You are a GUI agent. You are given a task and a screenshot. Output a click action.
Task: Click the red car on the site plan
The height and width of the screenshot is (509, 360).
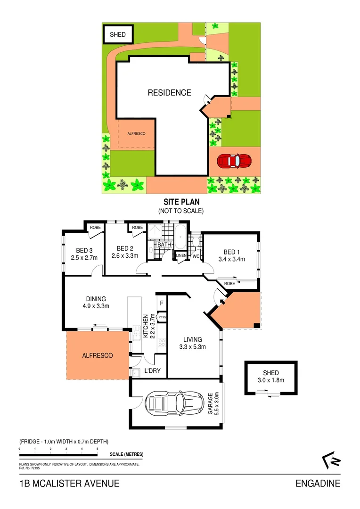click(235, 161)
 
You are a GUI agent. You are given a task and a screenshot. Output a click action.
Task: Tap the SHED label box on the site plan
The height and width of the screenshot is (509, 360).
click(118, 35)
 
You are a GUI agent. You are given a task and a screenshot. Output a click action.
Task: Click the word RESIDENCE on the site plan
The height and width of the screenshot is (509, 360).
click(169, 93)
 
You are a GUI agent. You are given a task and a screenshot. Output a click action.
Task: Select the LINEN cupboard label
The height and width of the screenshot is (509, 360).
click(181, 256)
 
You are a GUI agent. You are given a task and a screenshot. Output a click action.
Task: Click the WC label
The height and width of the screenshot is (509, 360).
click(196, 257)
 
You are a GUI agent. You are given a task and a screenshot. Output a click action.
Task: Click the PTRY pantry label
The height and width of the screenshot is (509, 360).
click(162, 317)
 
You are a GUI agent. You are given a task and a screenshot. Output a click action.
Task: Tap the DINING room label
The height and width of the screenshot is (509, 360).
click(96, 299)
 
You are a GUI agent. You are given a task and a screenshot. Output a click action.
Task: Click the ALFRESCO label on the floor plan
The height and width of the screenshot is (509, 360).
click(97, 356)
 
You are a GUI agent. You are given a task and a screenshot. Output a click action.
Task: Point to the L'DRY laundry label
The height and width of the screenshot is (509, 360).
click(152, 371)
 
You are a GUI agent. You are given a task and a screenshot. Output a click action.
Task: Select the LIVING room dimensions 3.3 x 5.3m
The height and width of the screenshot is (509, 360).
click(193, 347)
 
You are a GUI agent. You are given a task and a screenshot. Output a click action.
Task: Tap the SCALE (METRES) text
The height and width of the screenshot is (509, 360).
click(126, 454)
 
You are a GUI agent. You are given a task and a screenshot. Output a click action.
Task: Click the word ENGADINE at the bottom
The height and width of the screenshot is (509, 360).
click(318, 484)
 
